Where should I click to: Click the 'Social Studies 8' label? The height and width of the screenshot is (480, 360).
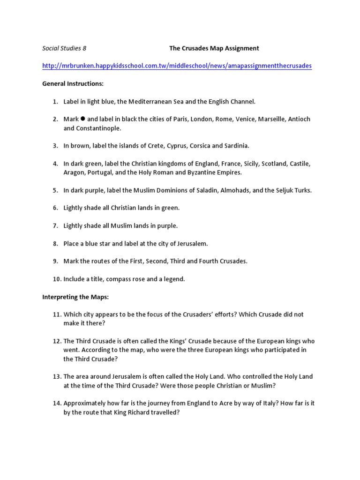(64, 48)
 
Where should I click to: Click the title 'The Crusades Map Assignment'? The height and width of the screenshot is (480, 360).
(214, 48)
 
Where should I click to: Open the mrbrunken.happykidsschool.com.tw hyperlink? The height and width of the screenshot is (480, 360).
(177, 66)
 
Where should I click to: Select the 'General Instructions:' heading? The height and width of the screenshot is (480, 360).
(73, 84)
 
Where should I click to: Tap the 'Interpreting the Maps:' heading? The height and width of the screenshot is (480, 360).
(75, 297)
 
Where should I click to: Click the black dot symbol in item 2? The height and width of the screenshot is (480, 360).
(83, 119)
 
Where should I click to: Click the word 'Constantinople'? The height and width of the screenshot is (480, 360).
(98, 128)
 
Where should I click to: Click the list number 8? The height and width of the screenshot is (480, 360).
(55, 244)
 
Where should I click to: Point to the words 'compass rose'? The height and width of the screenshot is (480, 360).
(124, 279)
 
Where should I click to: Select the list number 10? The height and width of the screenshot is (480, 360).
(57, 279)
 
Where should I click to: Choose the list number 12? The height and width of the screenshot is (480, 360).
(57, 341)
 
